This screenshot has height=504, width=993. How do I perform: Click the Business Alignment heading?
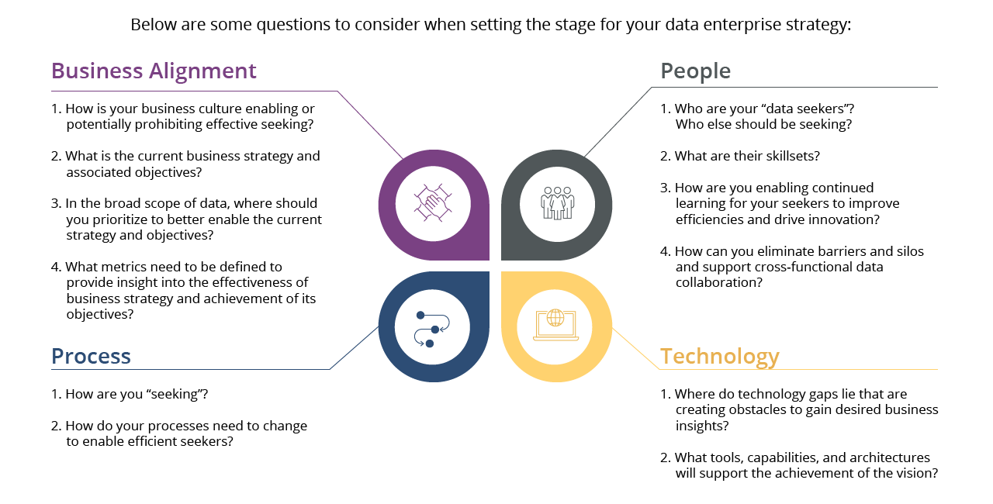coord(154,71)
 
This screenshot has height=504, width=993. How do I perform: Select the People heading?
coord(695,71)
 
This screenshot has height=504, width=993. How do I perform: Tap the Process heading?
coord(91,357)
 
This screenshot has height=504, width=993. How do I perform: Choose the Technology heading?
coord(719,357)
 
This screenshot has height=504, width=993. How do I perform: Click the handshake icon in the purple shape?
coord(433,204)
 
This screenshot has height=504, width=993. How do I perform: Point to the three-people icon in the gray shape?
coord(557,203)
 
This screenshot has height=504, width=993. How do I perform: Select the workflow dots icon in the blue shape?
coord(432,328)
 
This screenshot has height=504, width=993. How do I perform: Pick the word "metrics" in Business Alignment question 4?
coord(130,268)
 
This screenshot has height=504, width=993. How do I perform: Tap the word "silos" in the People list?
coord(907,251)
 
